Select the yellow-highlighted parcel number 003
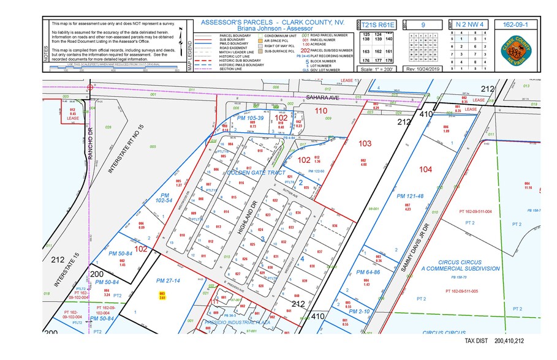[x=162, y=296]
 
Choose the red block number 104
[x=426, y=169]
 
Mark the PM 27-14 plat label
[x=168, y=280]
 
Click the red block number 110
[x=320, y=111]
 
